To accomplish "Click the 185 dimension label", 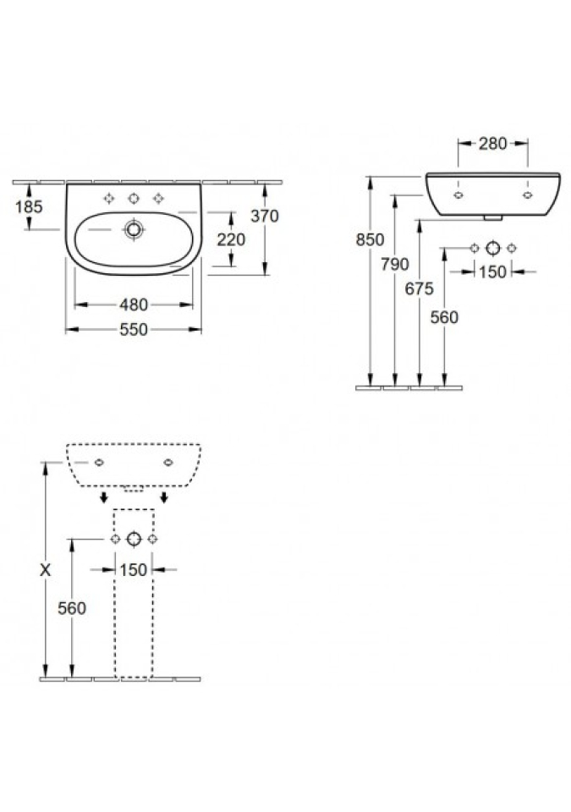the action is pos(29,206).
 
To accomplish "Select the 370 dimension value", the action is pos(264,216).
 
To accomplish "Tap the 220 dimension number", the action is pos(231,239).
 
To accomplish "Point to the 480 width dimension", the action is pos(134,305).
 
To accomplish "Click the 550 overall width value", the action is pos(134,329).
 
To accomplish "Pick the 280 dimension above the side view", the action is pos(492,144).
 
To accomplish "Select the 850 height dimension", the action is pos(370,239).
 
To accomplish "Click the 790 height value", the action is pos(395,264).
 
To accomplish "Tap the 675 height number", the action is pos(420,288).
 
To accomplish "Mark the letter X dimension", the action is pos(46,570).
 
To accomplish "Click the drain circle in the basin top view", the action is pos(134,229).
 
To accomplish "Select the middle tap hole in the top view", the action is pos(134,198).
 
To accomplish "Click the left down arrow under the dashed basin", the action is pos(104,497).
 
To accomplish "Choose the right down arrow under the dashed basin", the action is pos(164,497).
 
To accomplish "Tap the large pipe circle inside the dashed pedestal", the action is pos(134,539).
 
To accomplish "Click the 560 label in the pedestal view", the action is pos(72,608).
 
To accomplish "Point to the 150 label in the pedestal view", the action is pos(134,569).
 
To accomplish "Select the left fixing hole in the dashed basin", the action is pos(100,463).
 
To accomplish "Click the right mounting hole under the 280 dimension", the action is pos(528,195).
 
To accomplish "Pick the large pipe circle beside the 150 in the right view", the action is pos(493,248).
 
